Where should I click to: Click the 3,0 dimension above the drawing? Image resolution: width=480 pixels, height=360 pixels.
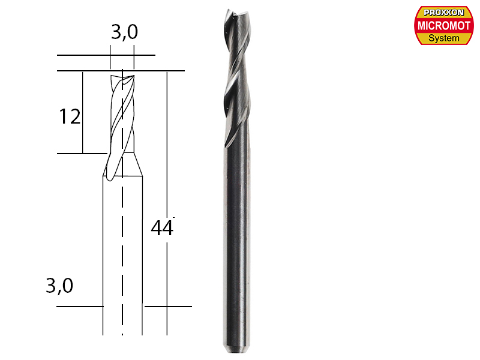pyautogui.click(x=124, y=34)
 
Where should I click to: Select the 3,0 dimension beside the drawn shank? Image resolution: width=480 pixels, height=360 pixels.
pyautogui.click(x=59, y=286)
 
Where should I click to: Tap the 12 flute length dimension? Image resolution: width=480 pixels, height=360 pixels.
pyautogui.click(x=70, y=116)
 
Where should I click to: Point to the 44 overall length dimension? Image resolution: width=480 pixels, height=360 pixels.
pyautogui.click(x=161, y=229)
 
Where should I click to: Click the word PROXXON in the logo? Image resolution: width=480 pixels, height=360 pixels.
pyautogui.click(x=444, y=13)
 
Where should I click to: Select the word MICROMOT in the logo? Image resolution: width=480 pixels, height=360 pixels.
pyautogui.click(x=444, y=26)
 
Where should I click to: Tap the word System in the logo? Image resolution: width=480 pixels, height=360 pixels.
pyautogui.click(x=444, y=38)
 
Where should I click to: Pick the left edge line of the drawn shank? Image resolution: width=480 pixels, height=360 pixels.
pyautogui.click(x=103, y=252)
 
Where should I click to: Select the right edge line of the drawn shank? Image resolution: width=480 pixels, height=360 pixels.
pyautogui.click(x=142, y=252)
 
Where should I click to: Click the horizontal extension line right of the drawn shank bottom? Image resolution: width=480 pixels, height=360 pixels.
pyautogui.click(x=168, y=307)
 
